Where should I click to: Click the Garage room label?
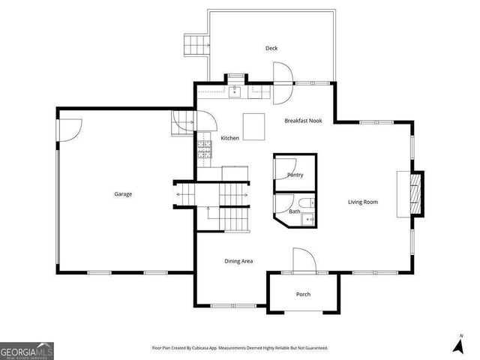[123, 194]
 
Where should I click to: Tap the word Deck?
[271, 49]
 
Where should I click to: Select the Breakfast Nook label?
[303, 120]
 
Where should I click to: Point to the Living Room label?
[362, 202]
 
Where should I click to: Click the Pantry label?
[295, 175]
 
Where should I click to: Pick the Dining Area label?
[238, 261]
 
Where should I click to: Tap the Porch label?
[303, 294]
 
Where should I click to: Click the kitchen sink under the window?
[235, 91]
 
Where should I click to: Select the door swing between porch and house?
[304, 260]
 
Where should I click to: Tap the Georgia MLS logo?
[27, 351]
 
